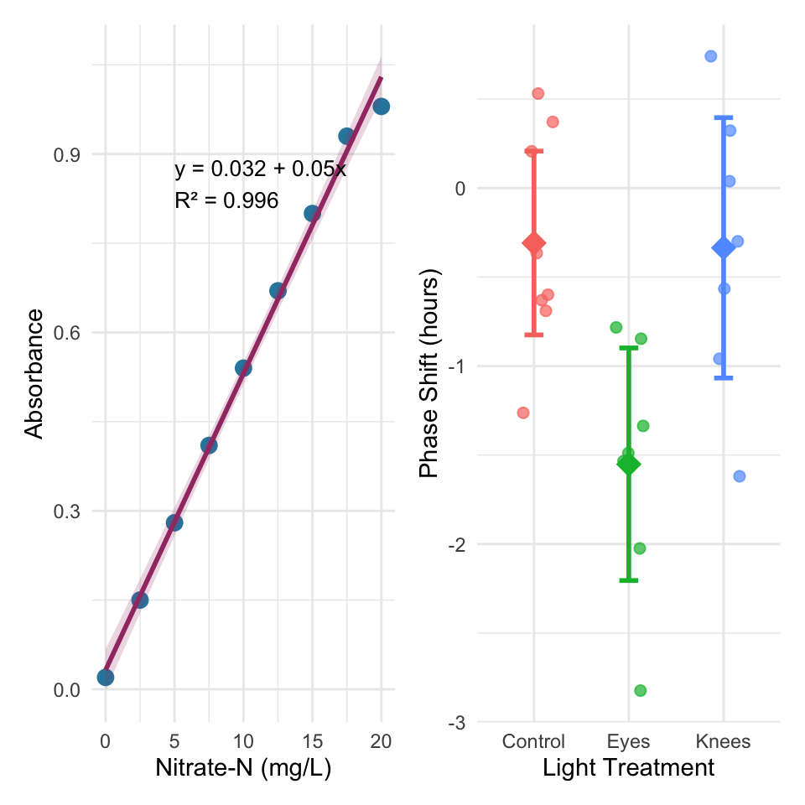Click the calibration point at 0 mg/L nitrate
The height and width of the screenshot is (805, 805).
(106, 678)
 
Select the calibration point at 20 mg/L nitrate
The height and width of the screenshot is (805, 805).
(381, 106)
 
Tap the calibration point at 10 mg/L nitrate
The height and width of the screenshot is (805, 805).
(243, 368)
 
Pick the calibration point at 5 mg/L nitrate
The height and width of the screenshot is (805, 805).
(174, 522)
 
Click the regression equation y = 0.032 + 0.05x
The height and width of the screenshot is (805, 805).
(260, 169)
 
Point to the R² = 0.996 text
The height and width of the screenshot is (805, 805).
(226, 200)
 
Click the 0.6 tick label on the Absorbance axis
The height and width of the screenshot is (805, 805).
(67, 333)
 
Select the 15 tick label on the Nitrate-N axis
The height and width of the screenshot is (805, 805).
(312, 741)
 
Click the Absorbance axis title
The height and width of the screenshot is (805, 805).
(34, 374)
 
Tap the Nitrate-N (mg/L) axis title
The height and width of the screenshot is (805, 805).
(243, 768)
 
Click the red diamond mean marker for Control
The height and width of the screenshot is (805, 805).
(534, 243)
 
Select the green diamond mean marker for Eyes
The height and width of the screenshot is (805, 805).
(628, 464)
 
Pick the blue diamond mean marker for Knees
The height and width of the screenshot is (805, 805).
(724, 247)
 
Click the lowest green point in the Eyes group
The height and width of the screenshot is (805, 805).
(640, 690)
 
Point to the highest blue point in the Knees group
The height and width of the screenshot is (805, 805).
(710, 56)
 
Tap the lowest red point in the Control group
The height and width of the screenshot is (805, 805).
(523, 413)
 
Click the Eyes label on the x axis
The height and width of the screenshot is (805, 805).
(628, 742)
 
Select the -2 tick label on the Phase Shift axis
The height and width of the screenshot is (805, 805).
(456, 544)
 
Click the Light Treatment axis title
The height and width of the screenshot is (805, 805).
(628, 768)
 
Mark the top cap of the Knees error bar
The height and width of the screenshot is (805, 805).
(724, 117)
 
